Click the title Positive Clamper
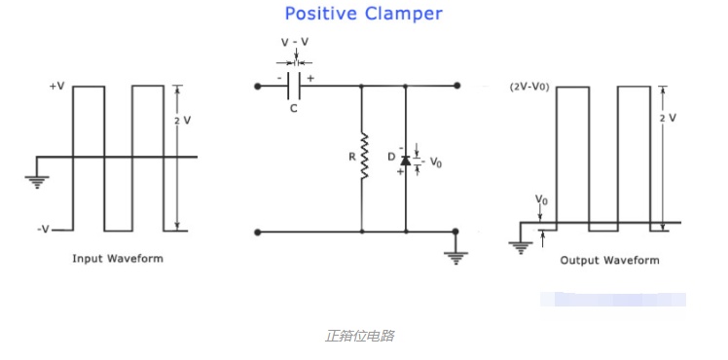point(363,14)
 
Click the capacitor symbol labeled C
point(294,86)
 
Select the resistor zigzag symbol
point(364,157)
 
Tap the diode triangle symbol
point(406,161)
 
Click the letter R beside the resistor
point(352,157)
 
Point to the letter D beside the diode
point(391,158)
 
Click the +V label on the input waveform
point(57,87)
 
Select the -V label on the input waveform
point(43,230)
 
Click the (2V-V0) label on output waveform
point(529,87)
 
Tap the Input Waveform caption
point(118,259)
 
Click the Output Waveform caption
point(609,260)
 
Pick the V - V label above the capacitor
point(295,42)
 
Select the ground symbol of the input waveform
point(37,182)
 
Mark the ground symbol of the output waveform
point(521,248)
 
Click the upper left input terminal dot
point(258,86)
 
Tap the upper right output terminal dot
point(457,86)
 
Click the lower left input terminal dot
point(258,232)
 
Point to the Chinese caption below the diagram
point(360,336)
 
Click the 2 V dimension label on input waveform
point(182,120)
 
